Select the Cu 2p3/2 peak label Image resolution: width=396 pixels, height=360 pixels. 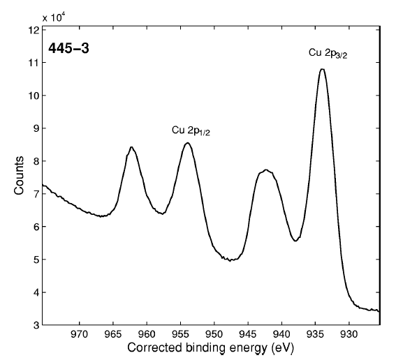(x=328, y=52)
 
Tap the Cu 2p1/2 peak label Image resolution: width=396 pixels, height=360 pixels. (x=191, y=130)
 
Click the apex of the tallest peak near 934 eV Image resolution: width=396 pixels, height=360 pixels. (x=322, y=69)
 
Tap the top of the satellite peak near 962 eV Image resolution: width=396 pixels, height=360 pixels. (x=131, y=147)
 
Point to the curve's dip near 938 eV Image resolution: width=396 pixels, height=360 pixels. (x=296, y=241)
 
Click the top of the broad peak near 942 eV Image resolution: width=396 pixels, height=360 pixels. (x=266, y=170)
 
